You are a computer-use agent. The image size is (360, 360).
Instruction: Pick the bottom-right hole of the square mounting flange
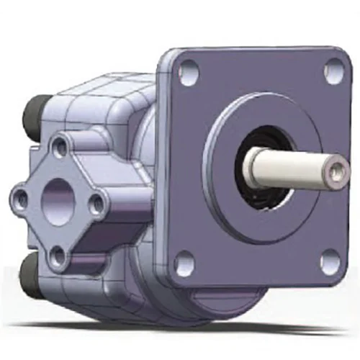[330, 263]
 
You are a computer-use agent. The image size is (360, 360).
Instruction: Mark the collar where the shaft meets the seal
[250, 168]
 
